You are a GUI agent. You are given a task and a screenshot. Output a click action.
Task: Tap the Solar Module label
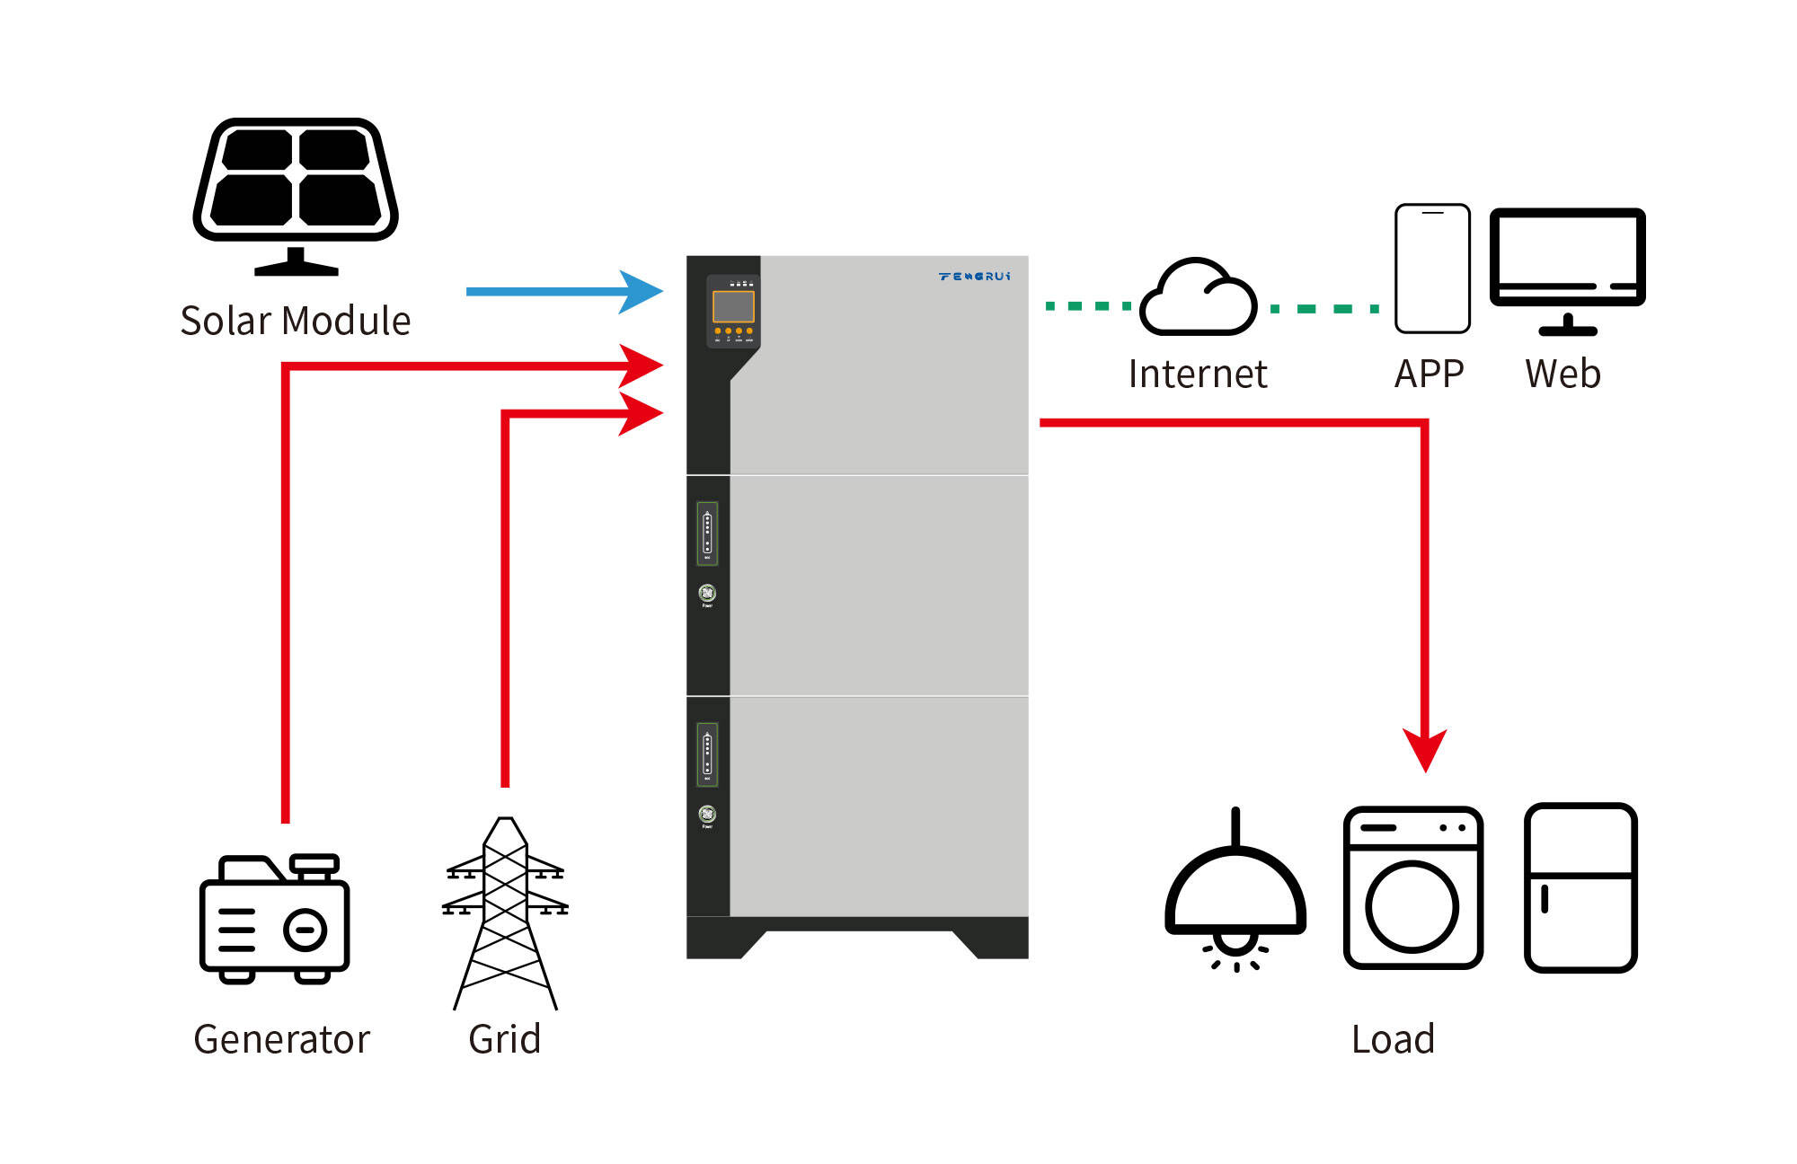(x=296, y=321)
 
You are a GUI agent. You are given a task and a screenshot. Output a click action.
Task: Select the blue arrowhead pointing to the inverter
(x=642, y=291)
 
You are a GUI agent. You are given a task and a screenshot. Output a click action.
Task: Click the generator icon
(x=274, y=919)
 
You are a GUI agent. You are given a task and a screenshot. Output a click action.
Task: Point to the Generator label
(x=281, y=1039)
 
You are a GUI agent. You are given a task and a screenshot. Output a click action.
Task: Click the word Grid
(x=504, y=1039)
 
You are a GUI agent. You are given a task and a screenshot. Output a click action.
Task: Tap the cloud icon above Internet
(x=1199, y=298)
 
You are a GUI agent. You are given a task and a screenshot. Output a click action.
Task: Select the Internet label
(x=1198, y=374)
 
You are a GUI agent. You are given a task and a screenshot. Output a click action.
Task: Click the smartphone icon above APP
(x=1432, y=269)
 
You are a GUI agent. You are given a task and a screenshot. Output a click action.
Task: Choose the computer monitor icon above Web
(x=1568, y=269)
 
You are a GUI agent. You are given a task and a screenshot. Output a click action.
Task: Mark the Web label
(x=1562, y=374)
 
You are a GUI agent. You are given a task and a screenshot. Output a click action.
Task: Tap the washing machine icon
(x=1412, y=887)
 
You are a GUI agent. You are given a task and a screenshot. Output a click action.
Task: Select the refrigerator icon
(x=1580, y=887)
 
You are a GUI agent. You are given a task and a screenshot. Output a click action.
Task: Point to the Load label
(x=1393, y=1039)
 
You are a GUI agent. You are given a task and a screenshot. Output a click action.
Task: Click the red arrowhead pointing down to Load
(x=1425, y=749)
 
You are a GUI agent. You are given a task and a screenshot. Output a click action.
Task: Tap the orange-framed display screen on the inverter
(x=733, y=306)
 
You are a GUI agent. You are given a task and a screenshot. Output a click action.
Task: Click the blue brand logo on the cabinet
(x=975, y=276)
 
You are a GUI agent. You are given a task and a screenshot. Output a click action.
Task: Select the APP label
(x=1429, y=374)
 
